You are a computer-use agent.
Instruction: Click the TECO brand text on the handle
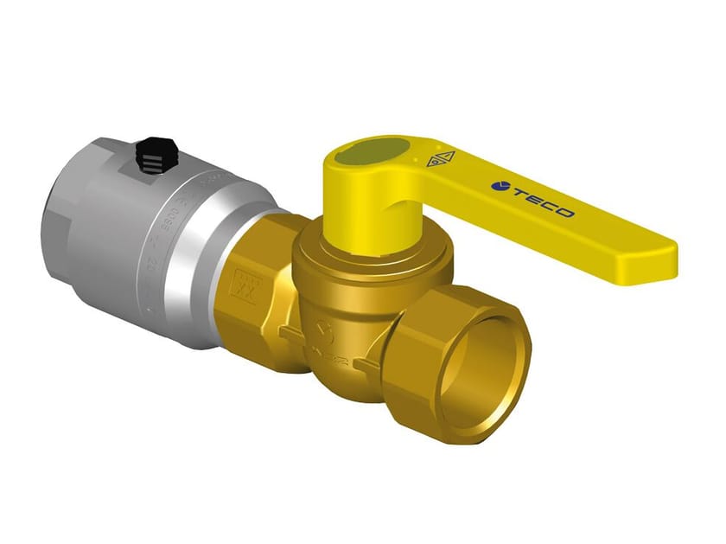(539, 201)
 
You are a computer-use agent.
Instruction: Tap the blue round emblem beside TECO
(498, 185)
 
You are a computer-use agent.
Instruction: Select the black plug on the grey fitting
(152, 155)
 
